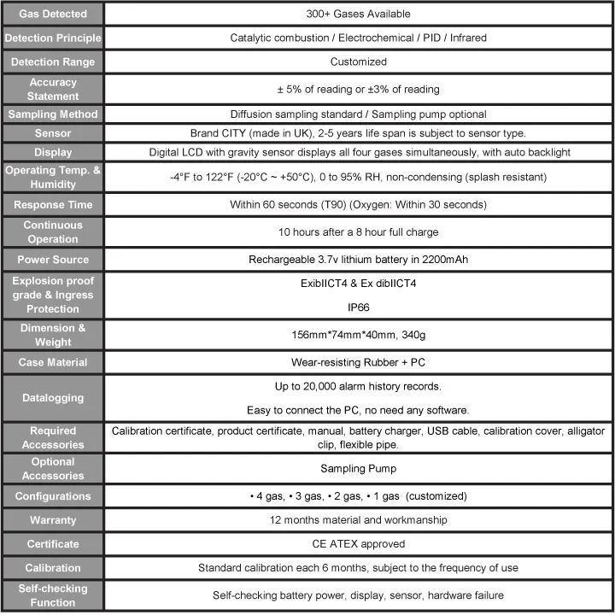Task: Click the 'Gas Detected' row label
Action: [x=52, y=14]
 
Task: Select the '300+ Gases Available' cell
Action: [x=358, y=14]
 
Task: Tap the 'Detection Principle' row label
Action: [x=52, y=38]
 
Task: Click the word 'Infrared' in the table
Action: [x=466, y=38]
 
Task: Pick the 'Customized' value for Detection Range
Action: [x=358, y=61]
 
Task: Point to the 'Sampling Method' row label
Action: [x=52, y=114]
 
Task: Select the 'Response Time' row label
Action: [x=52, y=205]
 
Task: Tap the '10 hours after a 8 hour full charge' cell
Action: [x=358, y=232]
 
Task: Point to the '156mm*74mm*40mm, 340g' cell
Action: [x=358, y=335]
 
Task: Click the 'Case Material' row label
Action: [x=52, y=362]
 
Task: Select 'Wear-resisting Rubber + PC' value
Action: [x=358, y=362]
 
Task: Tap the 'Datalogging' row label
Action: [x=52, y=396]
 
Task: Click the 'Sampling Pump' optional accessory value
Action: [x=358, y=468]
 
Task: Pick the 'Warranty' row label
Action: [x=52, y=520]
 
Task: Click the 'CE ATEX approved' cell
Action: [x=358, y=544]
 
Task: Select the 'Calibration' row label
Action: [x=52, y=568]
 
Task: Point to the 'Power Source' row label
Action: [x=52, y=260]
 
